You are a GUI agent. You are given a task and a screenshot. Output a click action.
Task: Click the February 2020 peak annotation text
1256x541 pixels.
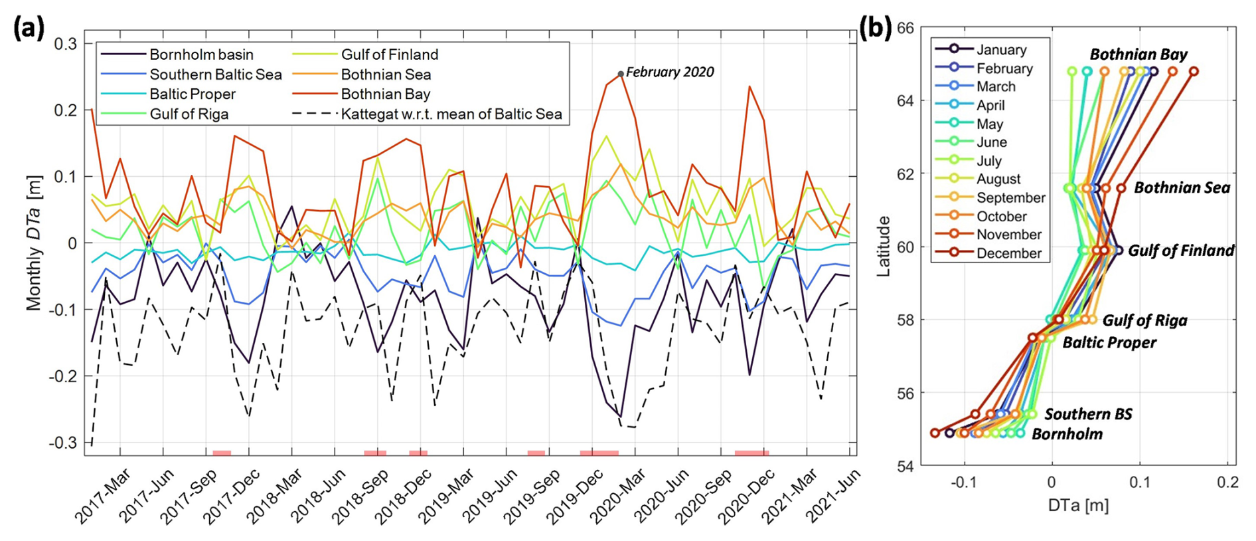(670, 72)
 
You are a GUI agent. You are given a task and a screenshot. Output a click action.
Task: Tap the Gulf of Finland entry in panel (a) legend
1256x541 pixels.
(390, 54)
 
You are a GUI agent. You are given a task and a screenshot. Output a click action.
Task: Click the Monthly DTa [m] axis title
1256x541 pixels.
(34, 243)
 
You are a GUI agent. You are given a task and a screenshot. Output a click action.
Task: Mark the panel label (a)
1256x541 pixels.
(29, 29)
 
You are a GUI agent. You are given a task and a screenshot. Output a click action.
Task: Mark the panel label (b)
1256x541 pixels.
(875, 29)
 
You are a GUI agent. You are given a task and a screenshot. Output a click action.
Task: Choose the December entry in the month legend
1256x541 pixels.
(1009, 253)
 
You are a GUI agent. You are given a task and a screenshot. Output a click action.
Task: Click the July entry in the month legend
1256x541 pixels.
(989, 161)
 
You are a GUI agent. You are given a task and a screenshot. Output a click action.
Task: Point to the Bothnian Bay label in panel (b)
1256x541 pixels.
(1138, 54)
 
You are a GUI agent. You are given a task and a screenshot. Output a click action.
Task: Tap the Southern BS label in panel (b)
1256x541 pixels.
(1088, 415)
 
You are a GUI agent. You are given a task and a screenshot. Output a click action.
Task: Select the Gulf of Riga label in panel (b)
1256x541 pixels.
(1144, 321)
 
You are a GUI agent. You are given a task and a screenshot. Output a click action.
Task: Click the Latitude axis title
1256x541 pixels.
(884, 247)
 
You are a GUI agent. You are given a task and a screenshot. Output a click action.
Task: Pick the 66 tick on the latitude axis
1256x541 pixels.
(905, 29)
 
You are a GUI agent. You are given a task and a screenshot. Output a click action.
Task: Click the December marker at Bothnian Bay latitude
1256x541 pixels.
(1194, 71)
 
